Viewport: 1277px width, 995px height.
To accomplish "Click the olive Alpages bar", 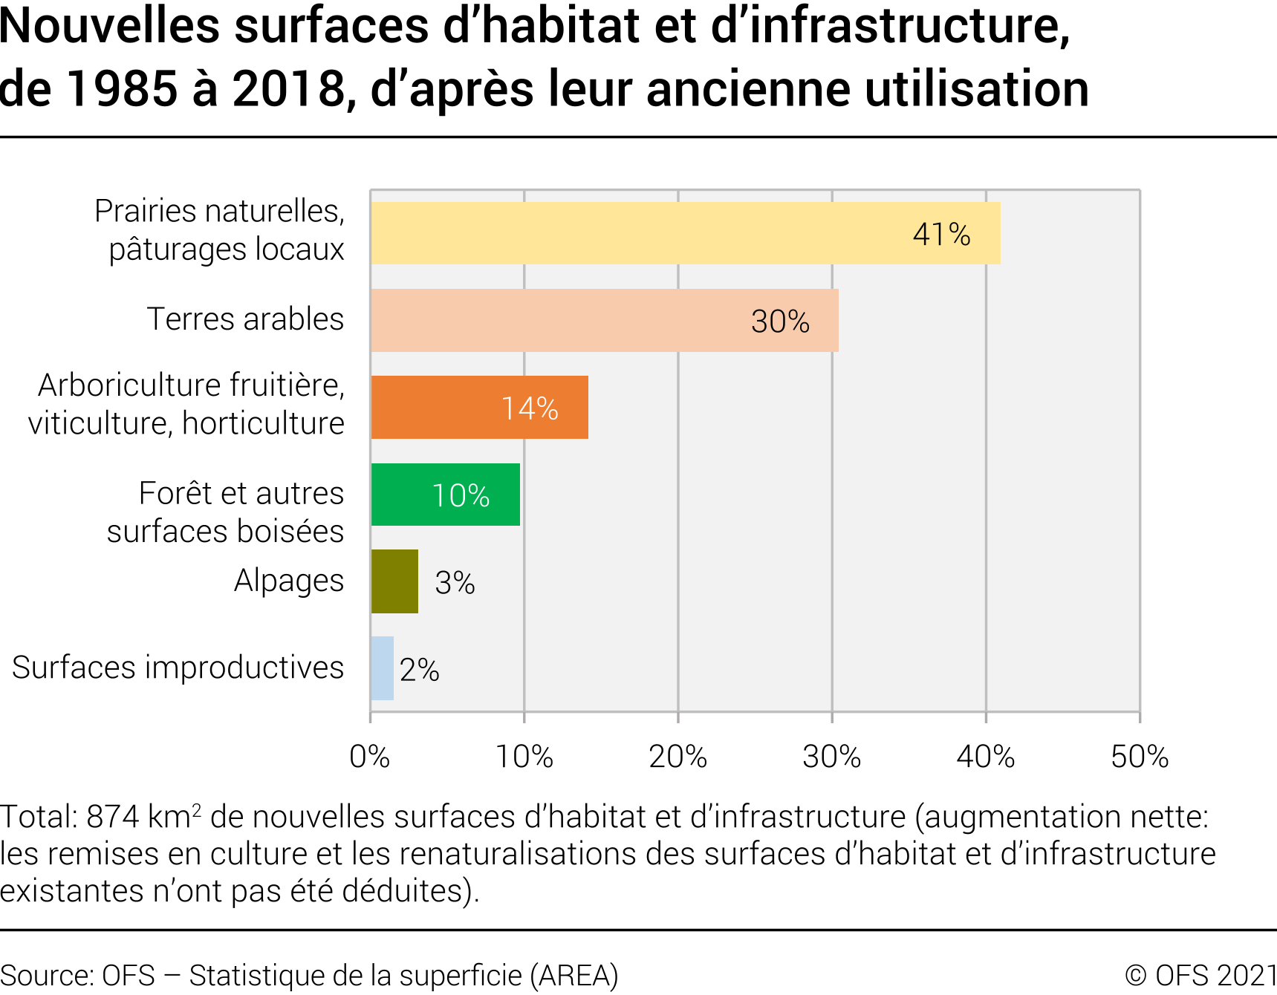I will [x=394, y=581].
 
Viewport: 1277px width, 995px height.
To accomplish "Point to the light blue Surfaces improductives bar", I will [x=382, y=668].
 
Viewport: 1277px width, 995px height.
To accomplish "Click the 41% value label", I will [x=941, y=235].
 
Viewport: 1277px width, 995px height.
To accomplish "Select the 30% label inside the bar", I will [x=780, y=322].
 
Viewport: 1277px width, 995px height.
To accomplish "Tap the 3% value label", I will [x=455, y=583].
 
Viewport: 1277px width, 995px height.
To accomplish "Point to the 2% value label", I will [x=420, y=670].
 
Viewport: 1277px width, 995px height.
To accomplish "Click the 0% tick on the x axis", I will [x=370, y=757].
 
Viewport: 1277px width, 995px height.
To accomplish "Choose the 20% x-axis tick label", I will [x=678, y=757].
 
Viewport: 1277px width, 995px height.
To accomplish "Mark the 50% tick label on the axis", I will [x=1140, y=757].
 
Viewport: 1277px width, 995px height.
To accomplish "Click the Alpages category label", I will [x=289, y=581].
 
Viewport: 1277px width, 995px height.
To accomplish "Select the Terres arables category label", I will [x=245, y=319].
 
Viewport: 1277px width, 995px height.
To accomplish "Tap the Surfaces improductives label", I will [x=178, y=668].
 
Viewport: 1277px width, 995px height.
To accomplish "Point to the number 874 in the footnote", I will [x=113, y=817].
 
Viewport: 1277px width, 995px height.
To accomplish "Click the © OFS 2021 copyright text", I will [x=1200, y=975].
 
